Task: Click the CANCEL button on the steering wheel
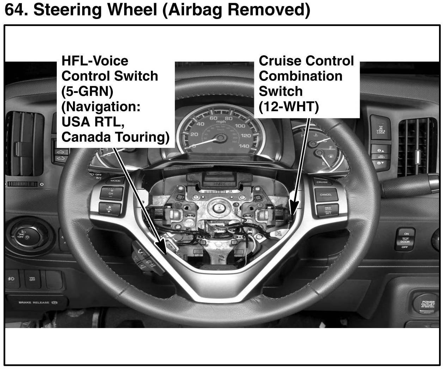coord(325,195)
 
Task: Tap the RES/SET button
coord(328,210)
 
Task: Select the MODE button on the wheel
coord(115,181)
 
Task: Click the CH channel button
coord(111,193)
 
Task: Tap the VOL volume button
coord(109,208)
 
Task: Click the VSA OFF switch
coord(32,279)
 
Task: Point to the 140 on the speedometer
coord(244,146)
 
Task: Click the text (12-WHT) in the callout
coord(288,107)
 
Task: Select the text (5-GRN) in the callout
coord(87,91)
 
